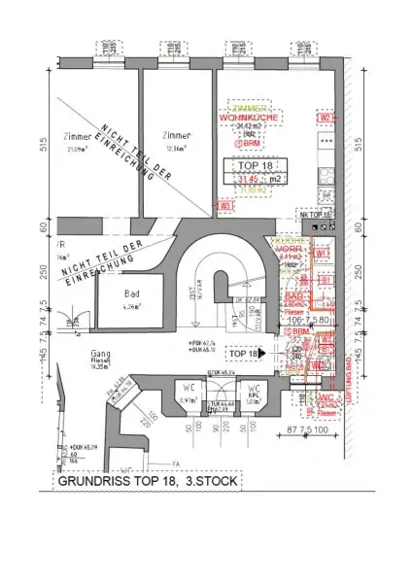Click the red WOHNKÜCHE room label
click(250, 118)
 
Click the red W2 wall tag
click(326, 118)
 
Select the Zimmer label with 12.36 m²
click(177, 135)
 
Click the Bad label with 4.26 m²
click(130, 292)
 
